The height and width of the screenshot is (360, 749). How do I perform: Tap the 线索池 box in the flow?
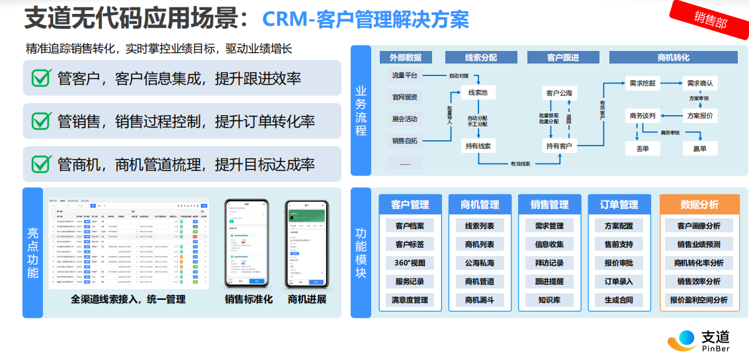tap(477, 92)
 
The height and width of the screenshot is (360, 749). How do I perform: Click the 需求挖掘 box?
tap(642, 83)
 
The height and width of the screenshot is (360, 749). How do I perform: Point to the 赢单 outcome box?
tap(699, 149)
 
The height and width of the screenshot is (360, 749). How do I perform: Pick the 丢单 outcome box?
tap(642, 149)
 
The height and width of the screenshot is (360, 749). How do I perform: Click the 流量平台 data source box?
tap(404, 75)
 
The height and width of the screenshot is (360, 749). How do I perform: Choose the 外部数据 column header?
tap(405, 58)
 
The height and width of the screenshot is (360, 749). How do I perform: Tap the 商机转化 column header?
tap(673, 58)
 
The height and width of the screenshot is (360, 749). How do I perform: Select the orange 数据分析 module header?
tap(699, 204)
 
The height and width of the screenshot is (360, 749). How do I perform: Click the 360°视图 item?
tap(410, 263)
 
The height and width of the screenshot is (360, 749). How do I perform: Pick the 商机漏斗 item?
tap(479, 300)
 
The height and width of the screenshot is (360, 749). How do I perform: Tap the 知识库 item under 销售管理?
tap(549, 300)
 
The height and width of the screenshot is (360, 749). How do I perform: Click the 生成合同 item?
tap(619, 300)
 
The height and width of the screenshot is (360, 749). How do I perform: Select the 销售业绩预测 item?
tap(699, 244)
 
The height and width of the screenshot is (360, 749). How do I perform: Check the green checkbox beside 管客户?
tap(42, 79)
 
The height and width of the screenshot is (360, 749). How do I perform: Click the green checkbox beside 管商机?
tap(42, 163)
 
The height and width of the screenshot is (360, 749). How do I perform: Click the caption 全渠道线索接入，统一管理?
tap(128, 299)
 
